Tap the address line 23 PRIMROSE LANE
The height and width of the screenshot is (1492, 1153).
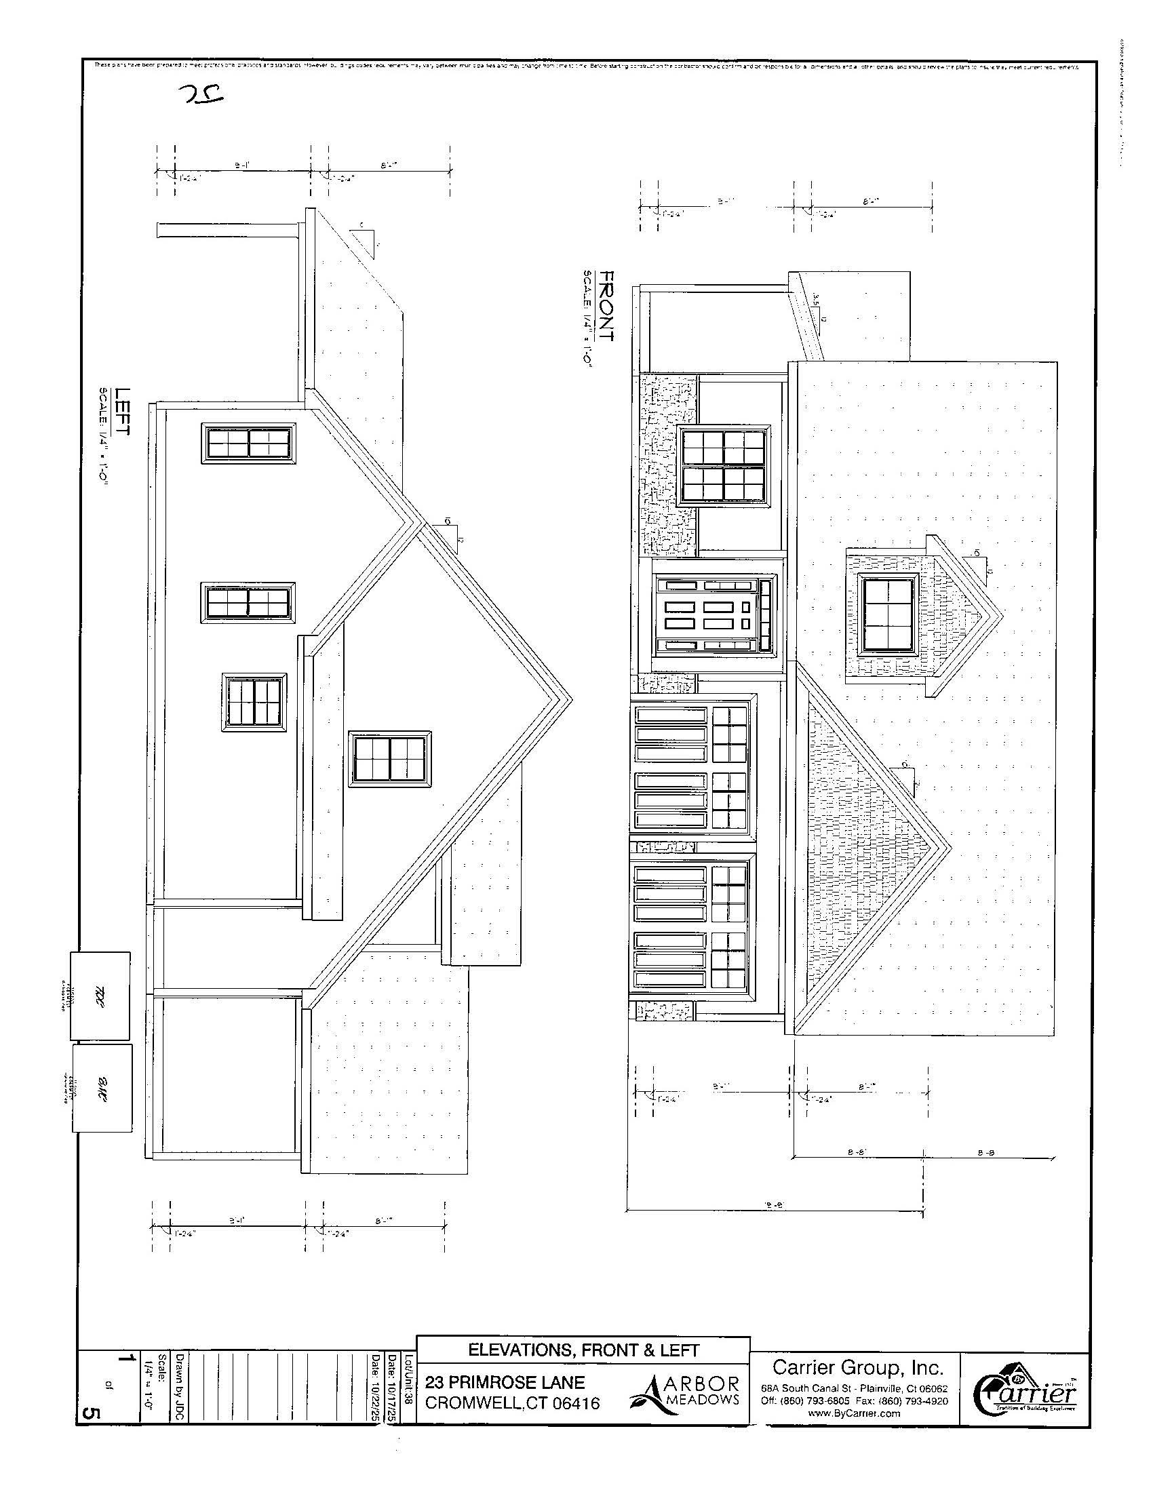click(505, 1383)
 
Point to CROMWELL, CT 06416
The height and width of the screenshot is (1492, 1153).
click(512, 1403)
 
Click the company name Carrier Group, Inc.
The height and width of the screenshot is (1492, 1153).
click(858, 1367)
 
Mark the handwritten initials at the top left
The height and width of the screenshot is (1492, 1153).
click(202, 95)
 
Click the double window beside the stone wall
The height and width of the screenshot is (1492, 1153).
click(724, 465)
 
